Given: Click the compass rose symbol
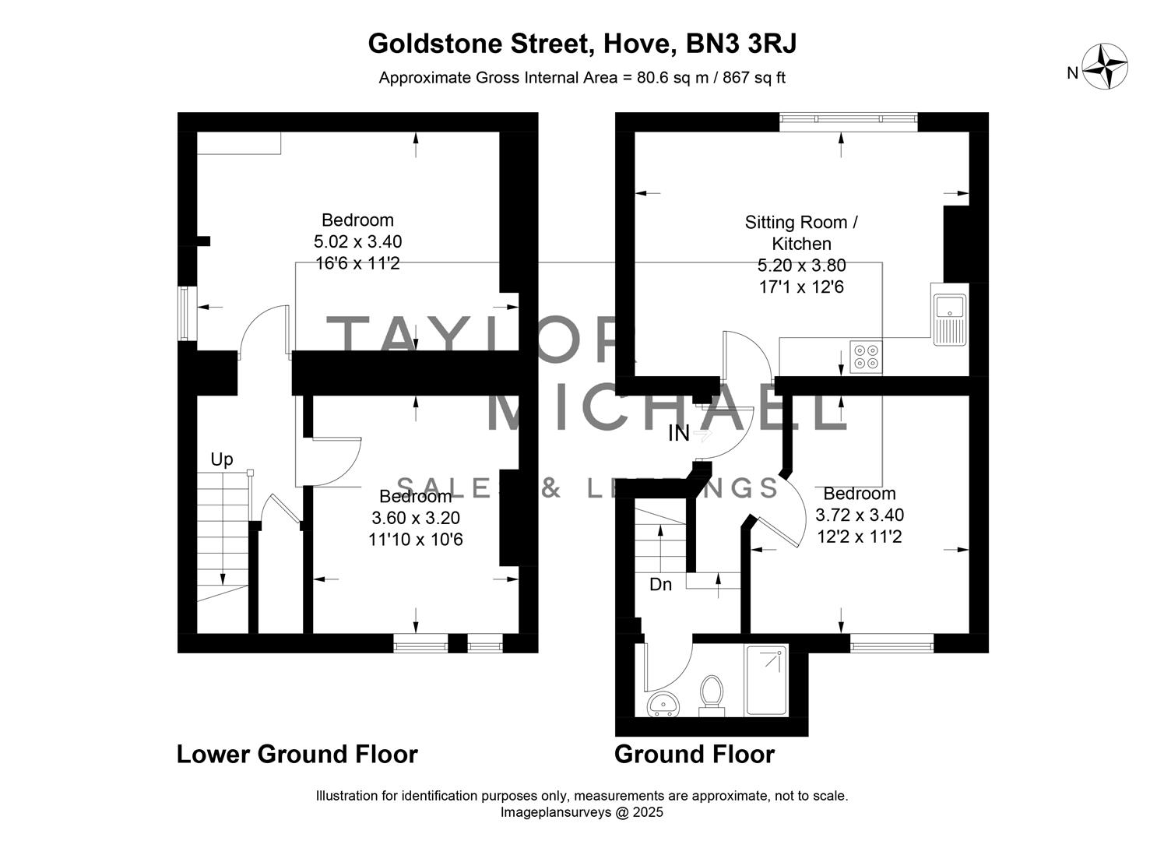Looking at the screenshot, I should tap(1107, 68).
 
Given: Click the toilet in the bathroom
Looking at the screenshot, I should tap(710, 695).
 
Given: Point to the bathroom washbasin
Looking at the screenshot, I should tap(664, 703).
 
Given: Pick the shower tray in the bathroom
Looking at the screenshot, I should tap(767, 679).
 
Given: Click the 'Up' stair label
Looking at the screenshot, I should tap(222, 459).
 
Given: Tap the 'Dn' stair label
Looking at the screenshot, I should tap(660, 584).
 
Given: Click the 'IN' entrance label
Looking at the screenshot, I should tap(679, 434).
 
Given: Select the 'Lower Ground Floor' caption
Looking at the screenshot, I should tap(297, 754).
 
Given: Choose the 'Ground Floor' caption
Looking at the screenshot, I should tap(695, 754).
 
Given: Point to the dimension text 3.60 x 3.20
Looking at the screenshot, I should tap(416, 518).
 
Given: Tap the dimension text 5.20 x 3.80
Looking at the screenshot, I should tap(801, 266).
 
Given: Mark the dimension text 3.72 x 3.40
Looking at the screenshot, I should tap(860, 515).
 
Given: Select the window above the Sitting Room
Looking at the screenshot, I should tap(849, 119).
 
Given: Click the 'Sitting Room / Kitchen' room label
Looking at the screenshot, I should tap(801, 233).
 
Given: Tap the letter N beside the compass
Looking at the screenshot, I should tap(1072, 73).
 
